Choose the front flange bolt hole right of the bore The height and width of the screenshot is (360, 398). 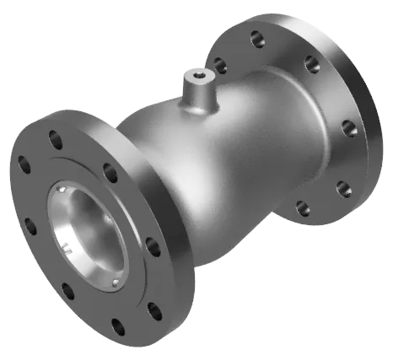(x=153, y=247)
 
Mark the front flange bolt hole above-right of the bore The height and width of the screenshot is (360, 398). (x=110, y=173)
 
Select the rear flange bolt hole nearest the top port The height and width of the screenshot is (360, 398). (x=219, y=65)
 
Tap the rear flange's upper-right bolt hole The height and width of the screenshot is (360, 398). (x=312, y=63)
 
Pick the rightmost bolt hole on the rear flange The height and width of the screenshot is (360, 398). (x=348, y=128)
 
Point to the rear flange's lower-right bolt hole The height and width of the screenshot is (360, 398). (x=342, y=187)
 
